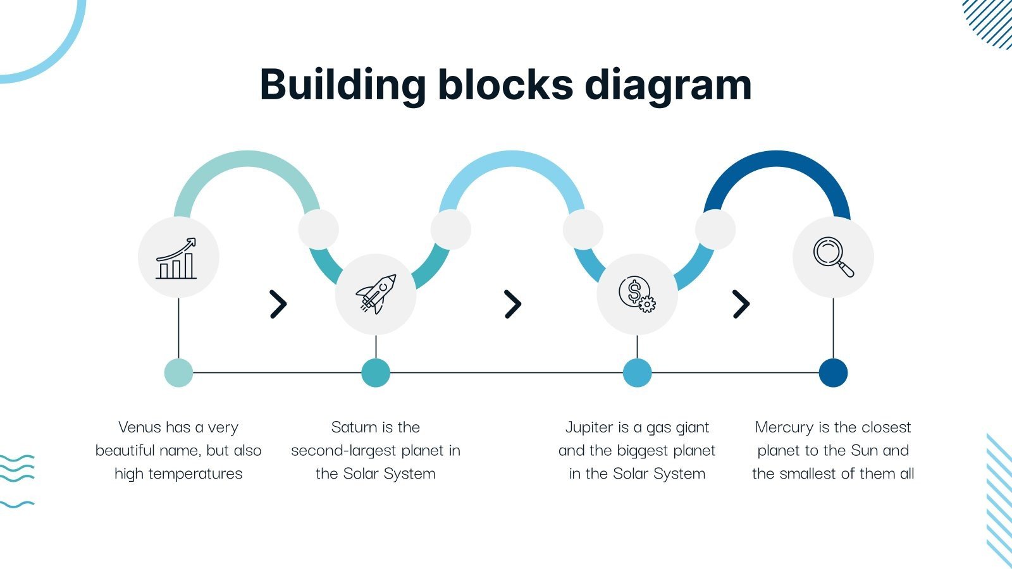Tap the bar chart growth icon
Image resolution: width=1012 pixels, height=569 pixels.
178,258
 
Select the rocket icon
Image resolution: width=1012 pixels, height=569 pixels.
376,294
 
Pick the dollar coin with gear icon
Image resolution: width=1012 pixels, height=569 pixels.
637,294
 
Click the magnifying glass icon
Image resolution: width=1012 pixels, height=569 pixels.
833,257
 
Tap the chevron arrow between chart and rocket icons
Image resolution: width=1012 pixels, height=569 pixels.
278,304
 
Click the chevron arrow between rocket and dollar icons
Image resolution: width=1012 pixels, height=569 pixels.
513,304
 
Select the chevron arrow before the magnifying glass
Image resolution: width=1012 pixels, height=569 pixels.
741,304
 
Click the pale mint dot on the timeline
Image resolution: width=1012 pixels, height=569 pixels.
178,372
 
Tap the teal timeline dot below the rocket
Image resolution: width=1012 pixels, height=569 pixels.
376,372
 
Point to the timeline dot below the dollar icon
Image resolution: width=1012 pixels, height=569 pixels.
637,372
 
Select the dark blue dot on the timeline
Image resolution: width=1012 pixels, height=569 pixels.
833,372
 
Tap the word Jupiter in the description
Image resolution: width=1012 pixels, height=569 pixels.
589,427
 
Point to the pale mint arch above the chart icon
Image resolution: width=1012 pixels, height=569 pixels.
247,159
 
